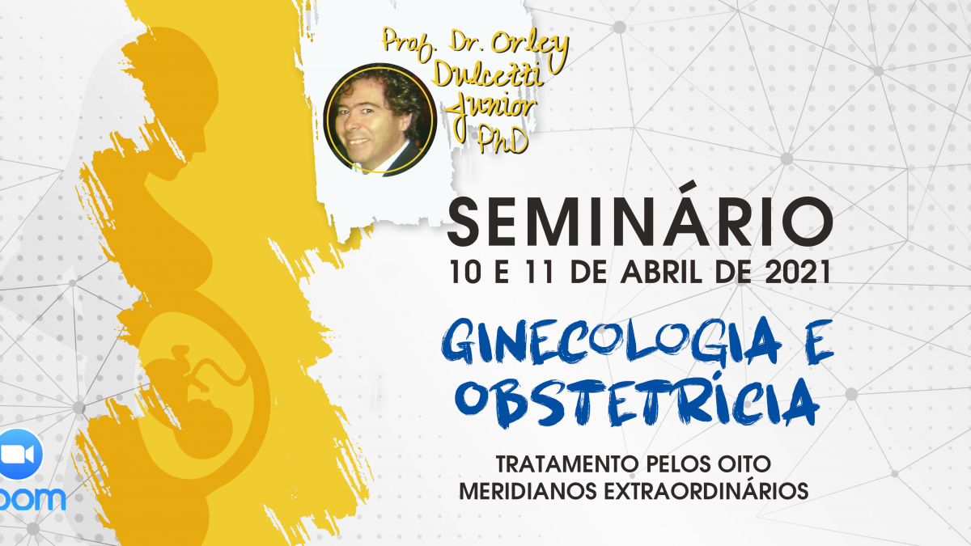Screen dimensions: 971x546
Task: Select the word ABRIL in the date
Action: [662, 272]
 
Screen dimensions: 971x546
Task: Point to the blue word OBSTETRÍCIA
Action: [636, 401]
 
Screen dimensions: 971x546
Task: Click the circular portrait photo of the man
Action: [380, 120]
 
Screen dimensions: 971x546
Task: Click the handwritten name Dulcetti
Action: [488, 74]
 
